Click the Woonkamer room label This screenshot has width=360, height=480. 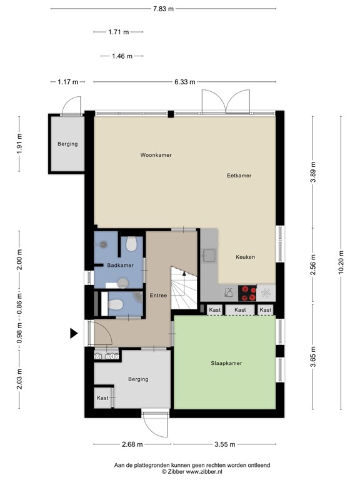pos(156,155)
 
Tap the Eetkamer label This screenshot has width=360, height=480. pos(239,176)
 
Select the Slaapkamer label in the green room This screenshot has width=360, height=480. pos(226,363)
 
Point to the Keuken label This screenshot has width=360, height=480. pos(245,257)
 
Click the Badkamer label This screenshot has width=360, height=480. pos(120,266)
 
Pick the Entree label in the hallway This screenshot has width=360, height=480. pos(158,296)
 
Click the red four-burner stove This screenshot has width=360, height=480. pos(247,293)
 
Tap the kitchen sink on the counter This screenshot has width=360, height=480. pos(210,256)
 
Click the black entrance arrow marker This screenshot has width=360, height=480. pos(74,333)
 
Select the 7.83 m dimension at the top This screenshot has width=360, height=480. pos(164,9)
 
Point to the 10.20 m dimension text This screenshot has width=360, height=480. pos(341,262)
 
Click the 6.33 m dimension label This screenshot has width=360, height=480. pos(185,82)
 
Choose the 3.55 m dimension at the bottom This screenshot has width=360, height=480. pos(225,444)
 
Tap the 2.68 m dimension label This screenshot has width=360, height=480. pos(132,444)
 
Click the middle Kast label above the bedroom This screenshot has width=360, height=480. pos(240,310)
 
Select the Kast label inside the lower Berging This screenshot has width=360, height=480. pos(102,398)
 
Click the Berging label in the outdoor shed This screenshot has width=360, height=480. pos(67,144)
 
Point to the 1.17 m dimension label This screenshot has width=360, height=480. pos(68,82)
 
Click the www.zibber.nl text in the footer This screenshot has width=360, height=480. pos(204,472)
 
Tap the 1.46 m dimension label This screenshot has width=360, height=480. pos(122,56)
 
